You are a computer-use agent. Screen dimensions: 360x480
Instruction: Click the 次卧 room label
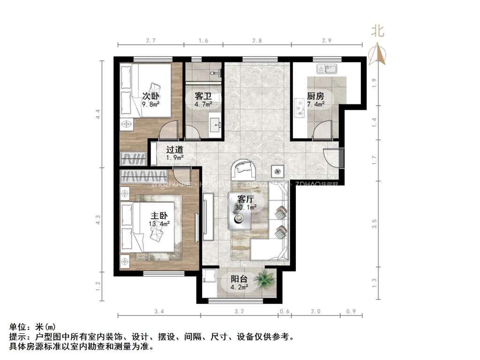pos(150,96)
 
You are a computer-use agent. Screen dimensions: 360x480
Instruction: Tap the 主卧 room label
pos(159,215)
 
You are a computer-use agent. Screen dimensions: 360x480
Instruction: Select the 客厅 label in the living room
pos(246,199)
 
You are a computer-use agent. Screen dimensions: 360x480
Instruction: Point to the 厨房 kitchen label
pos(315,96)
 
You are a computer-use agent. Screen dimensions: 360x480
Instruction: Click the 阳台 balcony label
pos(239,277)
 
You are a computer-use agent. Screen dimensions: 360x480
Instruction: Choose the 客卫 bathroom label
pos(203,96)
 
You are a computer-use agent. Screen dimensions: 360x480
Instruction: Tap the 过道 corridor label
pos(175,150)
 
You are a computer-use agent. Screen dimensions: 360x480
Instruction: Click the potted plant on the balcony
pos(266,278)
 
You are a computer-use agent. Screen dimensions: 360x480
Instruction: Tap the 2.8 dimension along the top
pos(256,41)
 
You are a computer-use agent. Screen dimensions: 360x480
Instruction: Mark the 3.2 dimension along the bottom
pos(240,311)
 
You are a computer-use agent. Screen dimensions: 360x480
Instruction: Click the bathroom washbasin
pos(217,124)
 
